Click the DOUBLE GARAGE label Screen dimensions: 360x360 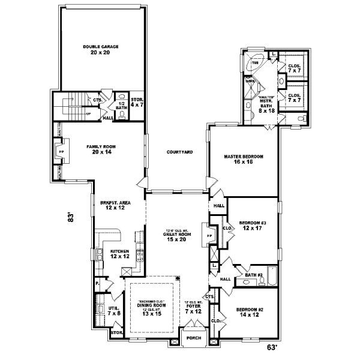pyautogui.click(x=101, y=49)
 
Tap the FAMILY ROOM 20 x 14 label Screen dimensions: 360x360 pyautogui.click(x=101, y=149)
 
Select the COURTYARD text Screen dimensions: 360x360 pyautogui.click(x=179, y=152)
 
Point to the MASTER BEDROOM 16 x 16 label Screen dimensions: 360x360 pyautogui.click(x=244, y=159)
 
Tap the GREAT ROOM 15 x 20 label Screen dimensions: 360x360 pyautogui.click(x=176, y=236)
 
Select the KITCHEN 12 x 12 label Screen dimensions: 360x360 pyautogui.click(x=120, y=254)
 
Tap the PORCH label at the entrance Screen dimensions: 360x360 pyautogui.click(x=194, y=337)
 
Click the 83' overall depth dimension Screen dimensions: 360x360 pyautogui.click(x=70, y=219)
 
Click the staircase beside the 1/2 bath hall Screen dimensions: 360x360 pyautogui.click(x=70, y=106)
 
